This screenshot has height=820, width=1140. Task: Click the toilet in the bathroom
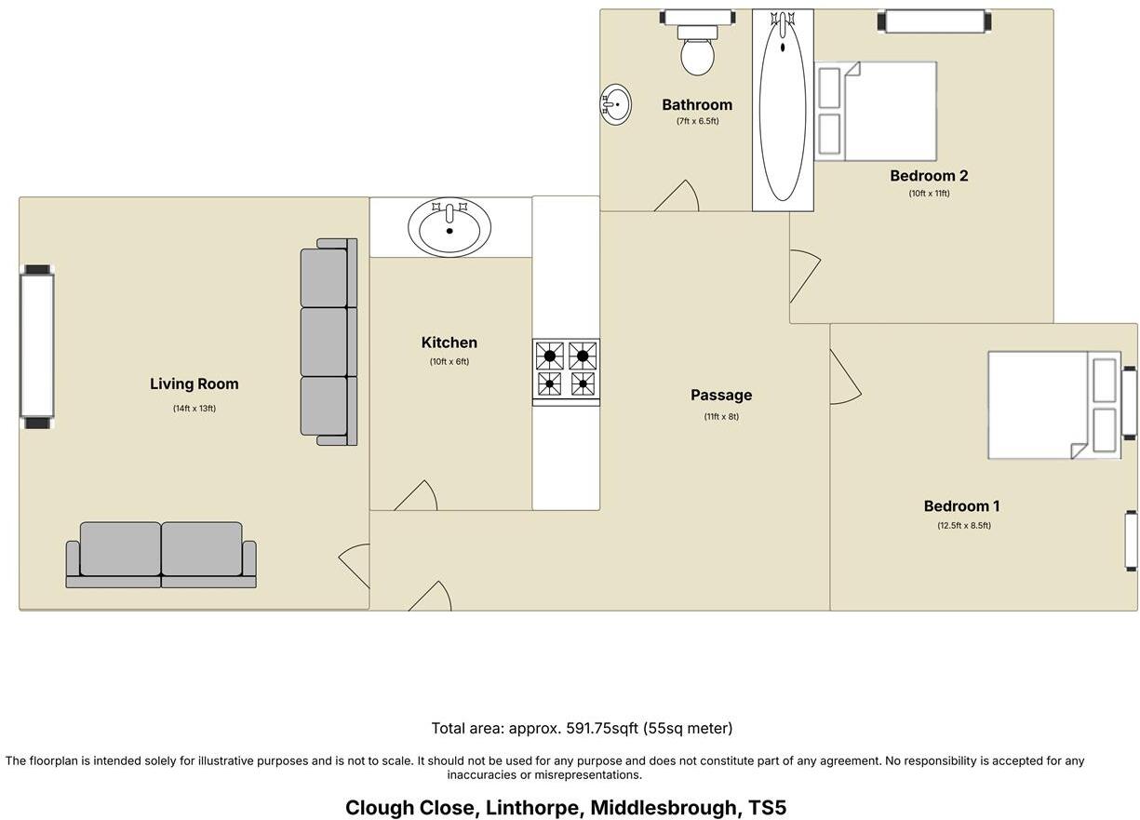point(697,52)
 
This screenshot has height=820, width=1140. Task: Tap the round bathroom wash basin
point(615,104)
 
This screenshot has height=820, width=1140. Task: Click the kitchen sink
point(449,226)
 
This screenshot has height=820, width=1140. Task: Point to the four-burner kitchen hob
point(566,370)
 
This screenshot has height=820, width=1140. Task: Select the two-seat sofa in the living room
point(161,554)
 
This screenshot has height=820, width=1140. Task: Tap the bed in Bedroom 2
point(876,111)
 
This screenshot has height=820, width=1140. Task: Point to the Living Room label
point(194,383)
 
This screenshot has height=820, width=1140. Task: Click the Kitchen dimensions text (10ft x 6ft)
point(449,361)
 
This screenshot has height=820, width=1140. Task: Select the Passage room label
point(720,395)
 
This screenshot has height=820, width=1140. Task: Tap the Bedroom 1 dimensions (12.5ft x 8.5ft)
point(963,525)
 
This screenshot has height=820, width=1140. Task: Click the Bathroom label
point(697,104)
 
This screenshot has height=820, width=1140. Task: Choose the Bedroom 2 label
point(929,175)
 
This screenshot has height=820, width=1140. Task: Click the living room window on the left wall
point(37,345)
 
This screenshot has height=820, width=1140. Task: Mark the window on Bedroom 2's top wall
point(934,20)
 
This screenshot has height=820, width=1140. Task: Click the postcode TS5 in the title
point(768,807)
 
